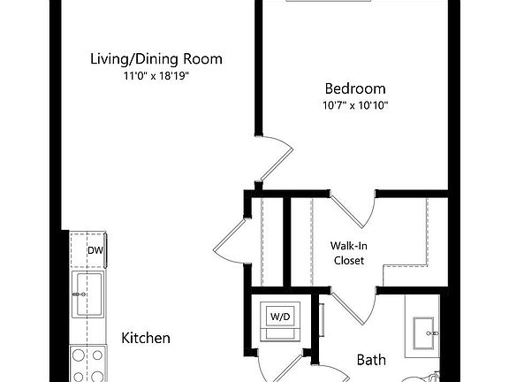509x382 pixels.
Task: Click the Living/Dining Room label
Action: click(156, 59)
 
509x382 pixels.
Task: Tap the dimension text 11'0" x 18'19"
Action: click(156, 76)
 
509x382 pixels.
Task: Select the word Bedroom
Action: click(355, 88)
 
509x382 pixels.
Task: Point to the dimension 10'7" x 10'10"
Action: click(355, 105)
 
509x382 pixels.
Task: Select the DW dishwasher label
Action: click(95, 250)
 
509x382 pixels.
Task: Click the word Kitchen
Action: click(146, 338)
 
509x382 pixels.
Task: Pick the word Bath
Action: click(371, 360)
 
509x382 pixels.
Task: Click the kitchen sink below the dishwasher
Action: click(88, 294)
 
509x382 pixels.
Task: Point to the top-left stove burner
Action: click(79, 355)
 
